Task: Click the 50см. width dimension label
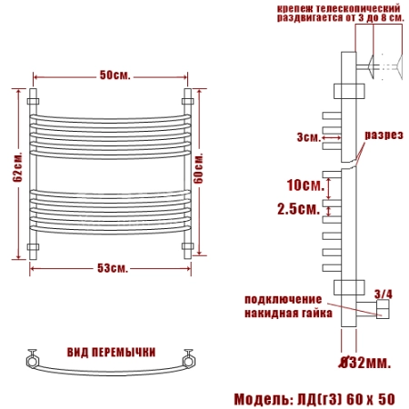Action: coord(115,75)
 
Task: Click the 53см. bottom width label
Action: coord(113,268)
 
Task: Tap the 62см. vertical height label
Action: coord(17,167)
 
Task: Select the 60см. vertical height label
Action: coord(198,168)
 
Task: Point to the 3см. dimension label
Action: coord(309,137)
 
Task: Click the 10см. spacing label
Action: coord(305,185)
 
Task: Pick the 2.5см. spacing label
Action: coord(299,209)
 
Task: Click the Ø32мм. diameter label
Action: coord(364,362)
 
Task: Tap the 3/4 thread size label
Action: coord(384,294)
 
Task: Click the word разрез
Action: coord(384,135)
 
